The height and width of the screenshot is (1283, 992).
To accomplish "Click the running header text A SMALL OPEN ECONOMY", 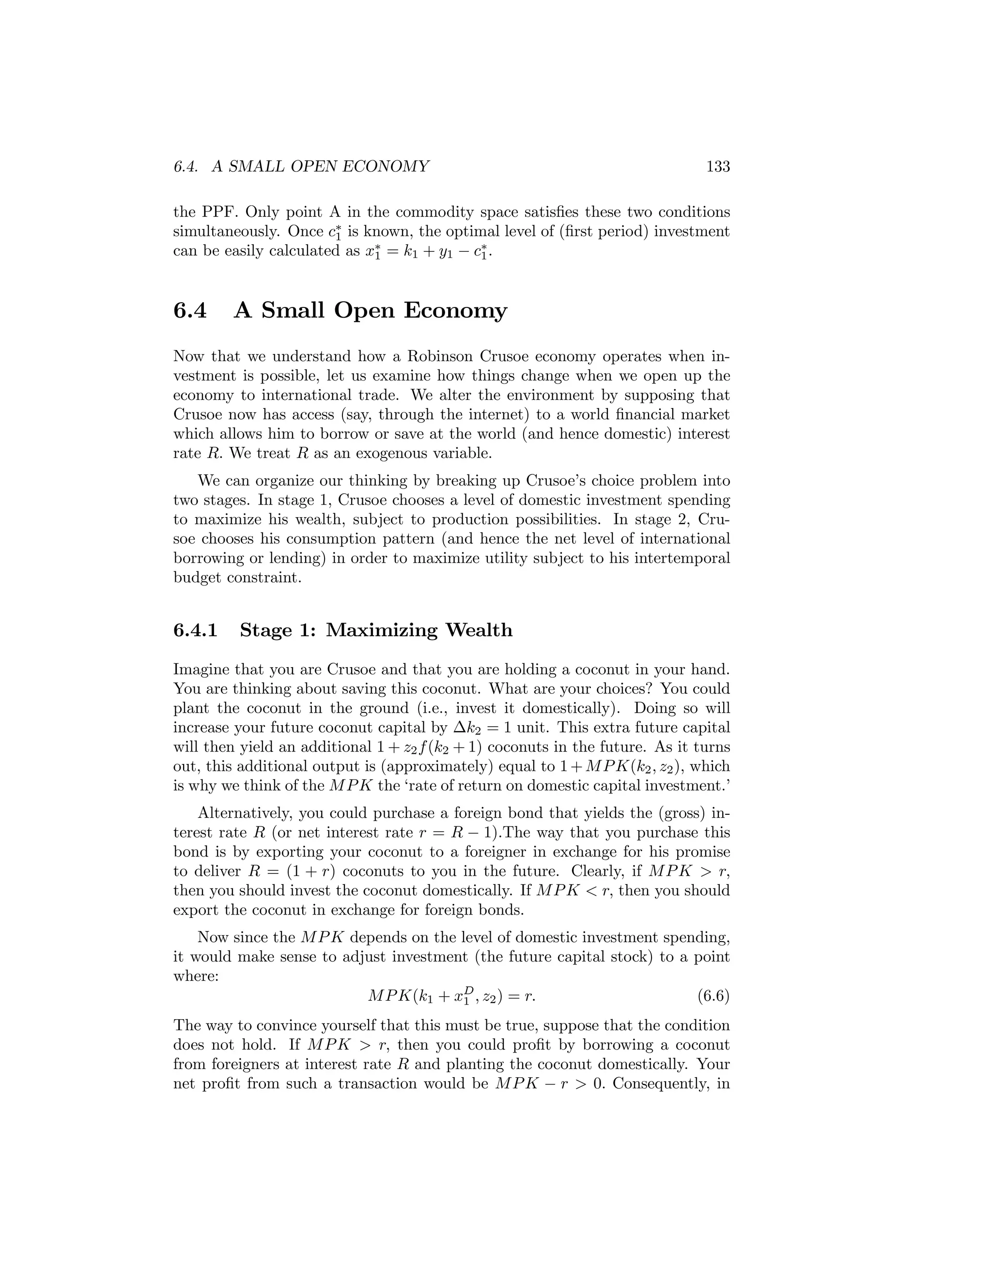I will pos(320,167).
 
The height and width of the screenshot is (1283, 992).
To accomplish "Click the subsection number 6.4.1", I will pos(195,630).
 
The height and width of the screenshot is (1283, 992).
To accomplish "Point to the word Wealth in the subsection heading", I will pos(479,630).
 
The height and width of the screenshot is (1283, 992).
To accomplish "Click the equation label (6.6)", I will pos(713,996).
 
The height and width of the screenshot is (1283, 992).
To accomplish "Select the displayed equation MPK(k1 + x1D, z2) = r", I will pos(451,996).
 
